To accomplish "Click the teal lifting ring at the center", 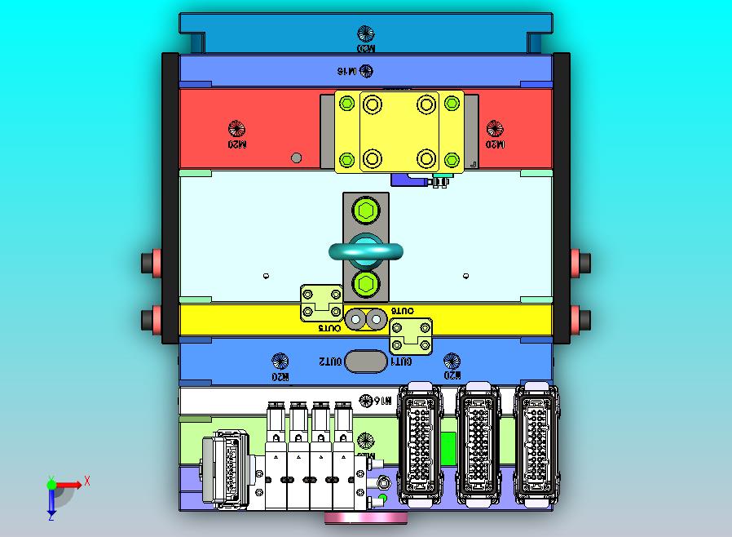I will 366,251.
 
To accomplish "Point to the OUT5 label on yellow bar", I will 329,328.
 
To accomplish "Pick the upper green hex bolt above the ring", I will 365,212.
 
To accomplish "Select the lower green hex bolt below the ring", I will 365,285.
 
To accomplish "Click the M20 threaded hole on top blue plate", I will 366,34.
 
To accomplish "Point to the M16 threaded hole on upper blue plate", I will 366,71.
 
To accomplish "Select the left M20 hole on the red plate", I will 236,128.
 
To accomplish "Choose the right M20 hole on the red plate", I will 495,128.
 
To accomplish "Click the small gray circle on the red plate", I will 297,158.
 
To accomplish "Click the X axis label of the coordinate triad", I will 87,482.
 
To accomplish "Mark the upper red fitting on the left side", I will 151,263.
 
